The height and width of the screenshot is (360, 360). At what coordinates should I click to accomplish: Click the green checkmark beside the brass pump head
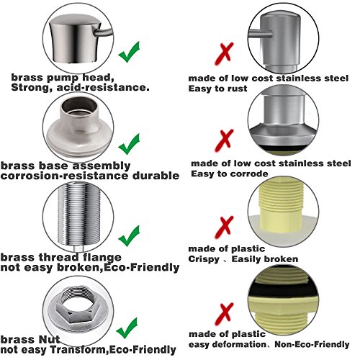pyautogui.click(x=128, y=53)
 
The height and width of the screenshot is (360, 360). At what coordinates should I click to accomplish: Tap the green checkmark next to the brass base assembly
pyautogui.click(x=128, y=145)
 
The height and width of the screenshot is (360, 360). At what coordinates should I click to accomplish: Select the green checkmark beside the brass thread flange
pyautogui.click(x=128, y=237)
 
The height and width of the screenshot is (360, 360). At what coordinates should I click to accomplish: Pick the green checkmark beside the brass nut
pyautogui.click(x=127, y=328)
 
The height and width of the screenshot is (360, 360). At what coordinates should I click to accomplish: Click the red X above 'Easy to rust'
pyautogui.click(x=225, y=54)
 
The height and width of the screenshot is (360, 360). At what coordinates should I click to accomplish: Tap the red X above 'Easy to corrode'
pyautogui.click(x=225, y=140)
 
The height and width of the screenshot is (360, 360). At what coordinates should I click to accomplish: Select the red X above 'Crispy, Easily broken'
pyautogui.click(x=225, y=227)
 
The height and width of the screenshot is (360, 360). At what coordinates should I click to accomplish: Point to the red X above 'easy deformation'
pyautogui.click(x=225, y=314)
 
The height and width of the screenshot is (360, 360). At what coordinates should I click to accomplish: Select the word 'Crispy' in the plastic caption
pyautogui.click(x=204, y=259)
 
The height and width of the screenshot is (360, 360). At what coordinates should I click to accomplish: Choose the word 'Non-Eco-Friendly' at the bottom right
pyautogui.click(x=312, y=344)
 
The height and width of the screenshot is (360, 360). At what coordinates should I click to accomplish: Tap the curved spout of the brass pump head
pyautogui.click(x=104, y=33)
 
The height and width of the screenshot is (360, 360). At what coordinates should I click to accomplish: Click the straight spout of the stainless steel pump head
pyautogui.click(x=261, y=34)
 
